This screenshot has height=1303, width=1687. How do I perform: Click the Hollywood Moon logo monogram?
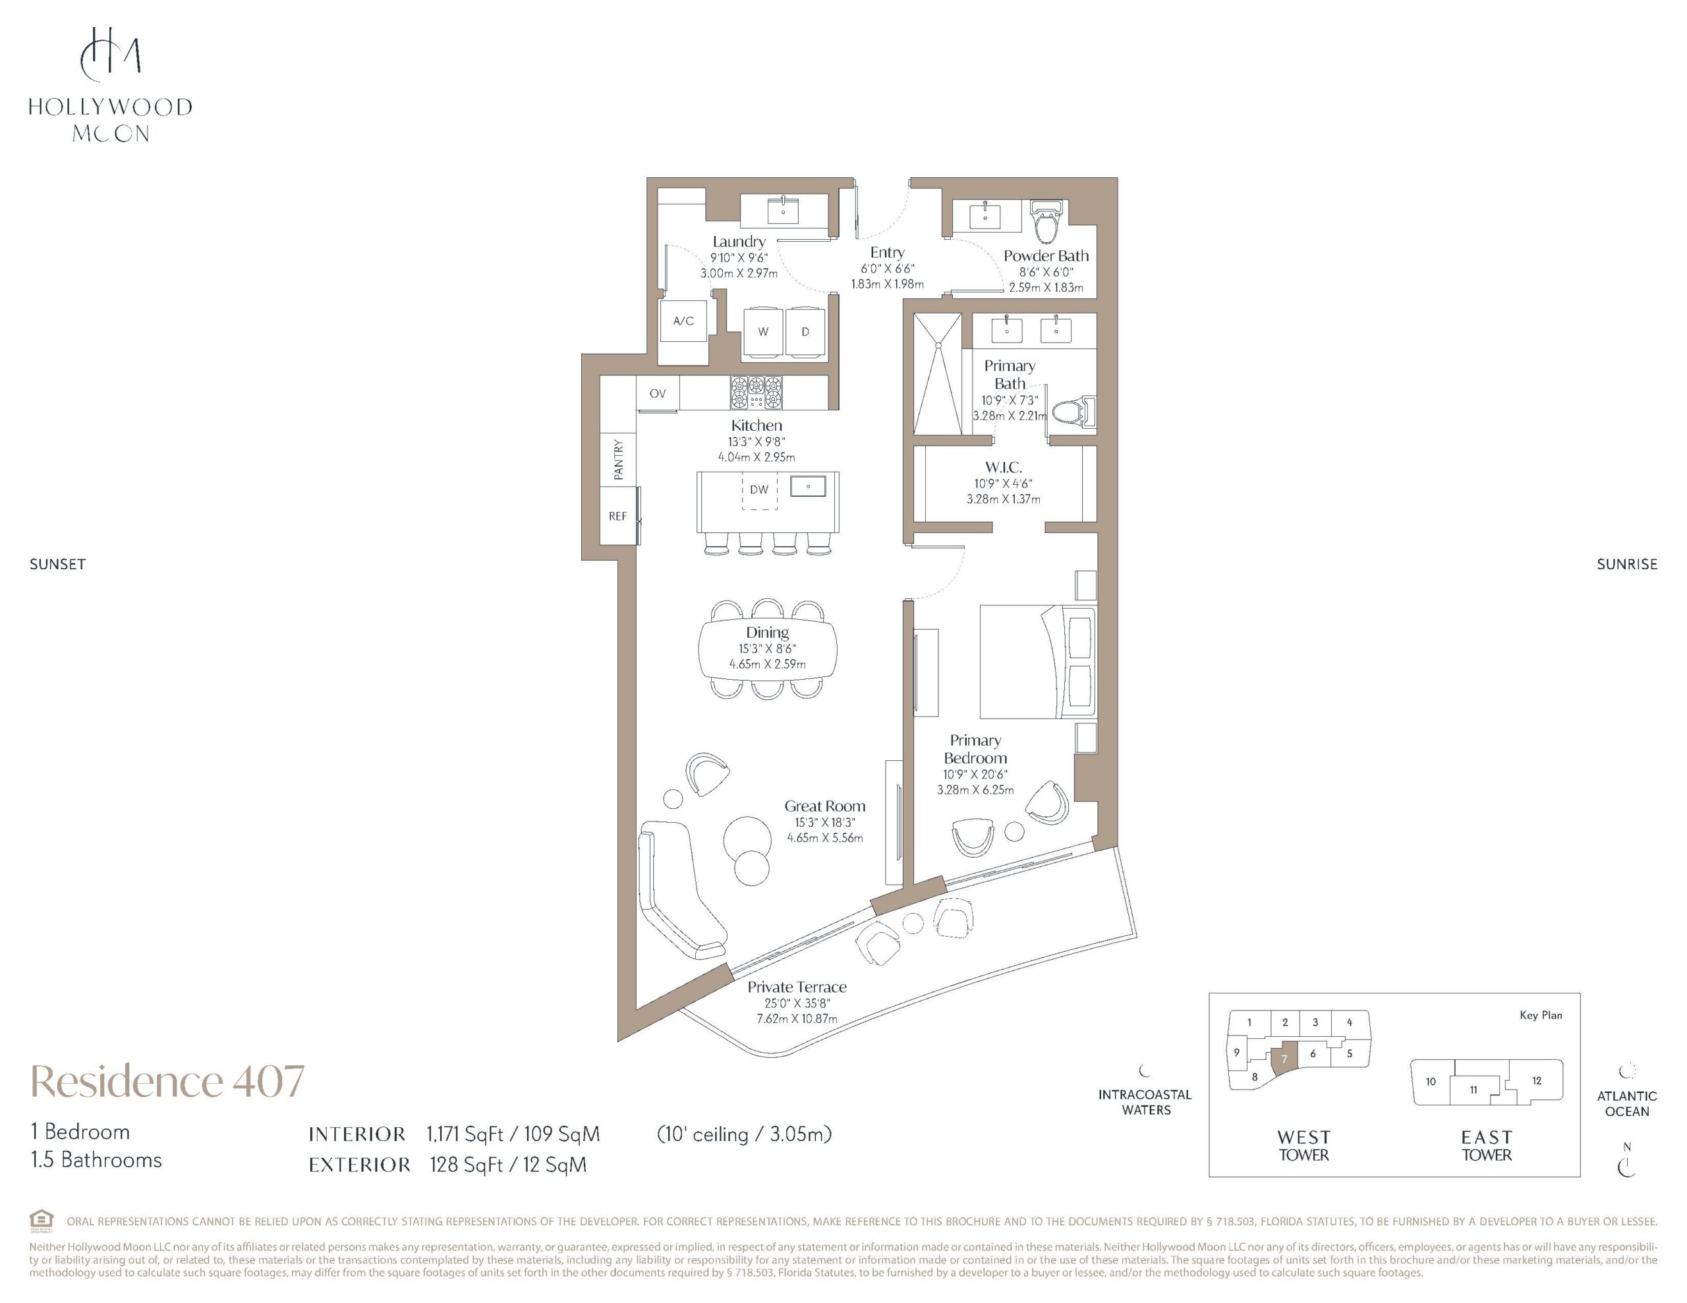(x=111, y=54)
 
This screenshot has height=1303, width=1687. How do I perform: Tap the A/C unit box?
(x=683, y=321)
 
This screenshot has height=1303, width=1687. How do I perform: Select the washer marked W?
(x=763, y=332)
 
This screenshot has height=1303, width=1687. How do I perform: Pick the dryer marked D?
(x=805, y=332)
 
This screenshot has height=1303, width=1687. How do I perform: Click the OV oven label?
(x=658, y=394)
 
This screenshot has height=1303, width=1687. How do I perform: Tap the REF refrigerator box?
(x=618, y=516)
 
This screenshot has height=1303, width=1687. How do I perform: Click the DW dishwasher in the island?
(x=759, y=489)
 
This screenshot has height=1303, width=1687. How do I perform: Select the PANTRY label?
(x=618, y=460)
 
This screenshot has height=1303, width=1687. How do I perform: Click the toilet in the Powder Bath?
(x=1047, y=220)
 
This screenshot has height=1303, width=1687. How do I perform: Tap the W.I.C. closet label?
(x=1004, y=467)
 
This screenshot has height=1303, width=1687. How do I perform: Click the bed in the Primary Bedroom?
(x=1037, y=663)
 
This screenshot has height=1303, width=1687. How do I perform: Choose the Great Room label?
(x=825, y=806)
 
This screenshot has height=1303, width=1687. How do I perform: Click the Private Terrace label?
(x=797, y=987)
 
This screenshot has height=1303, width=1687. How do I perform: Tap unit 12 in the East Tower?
(x=1536, y=1080)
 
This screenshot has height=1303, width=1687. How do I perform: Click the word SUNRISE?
(x=1627, y=565)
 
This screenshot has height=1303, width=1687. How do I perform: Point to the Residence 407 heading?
(x=167, y=1080)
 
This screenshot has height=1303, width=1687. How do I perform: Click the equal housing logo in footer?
(x=41, y=1221)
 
